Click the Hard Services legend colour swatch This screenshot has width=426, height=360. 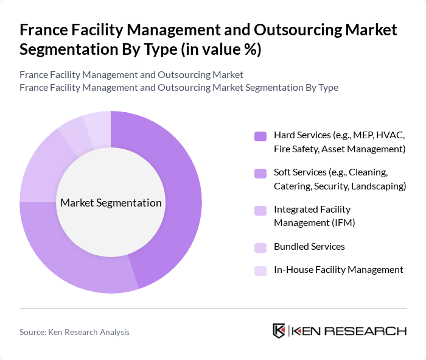point(260,136)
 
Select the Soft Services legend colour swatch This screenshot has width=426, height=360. point(260,174)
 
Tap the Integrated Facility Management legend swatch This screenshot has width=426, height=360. point(260,211)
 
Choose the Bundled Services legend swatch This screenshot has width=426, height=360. point(260,247)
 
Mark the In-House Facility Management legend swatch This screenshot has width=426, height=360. point(260,270)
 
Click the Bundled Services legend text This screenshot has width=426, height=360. point(309,247)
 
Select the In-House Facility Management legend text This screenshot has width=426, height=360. point(338,269)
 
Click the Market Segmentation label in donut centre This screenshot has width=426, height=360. point(111,203)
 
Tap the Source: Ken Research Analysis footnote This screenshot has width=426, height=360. point(74,332)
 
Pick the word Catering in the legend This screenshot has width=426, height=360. point(292,186)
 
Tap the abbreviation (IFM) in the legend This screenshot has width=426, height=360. point(340,222)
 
